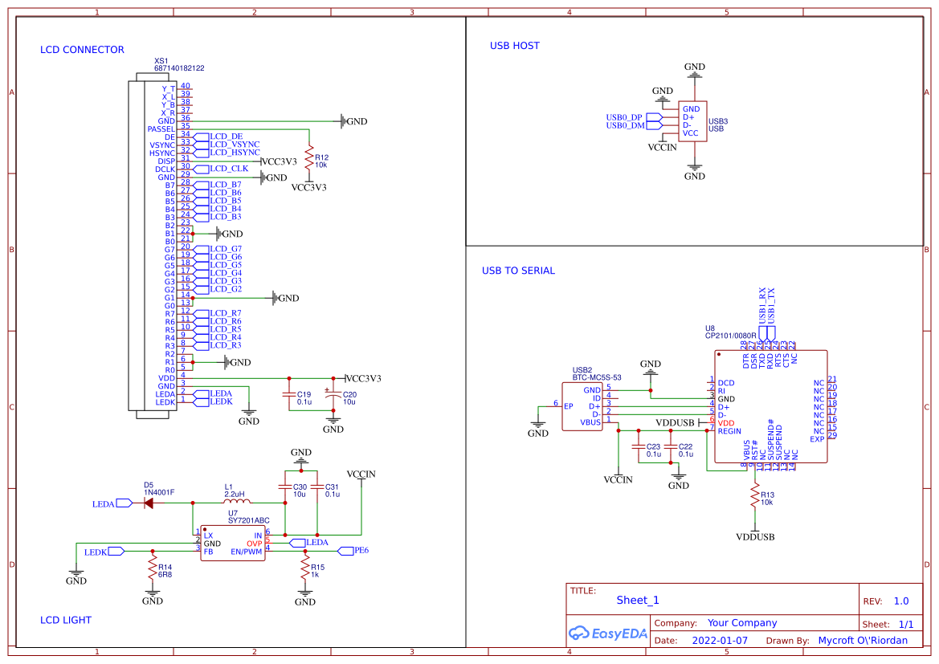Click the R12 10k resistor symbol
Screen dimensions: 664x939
tap(308, 157)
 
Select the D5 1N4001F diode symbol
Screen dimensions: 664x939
tap(149, 503)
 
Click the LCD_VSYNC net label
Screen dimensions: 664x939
tap(234, 145)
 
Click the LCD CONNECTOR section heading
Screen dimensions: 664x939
tap(82, 50)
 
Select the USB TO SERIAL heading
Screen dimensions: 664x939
tap(518, 271)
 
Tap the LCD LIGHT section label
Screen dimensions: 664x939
tap(66, 620)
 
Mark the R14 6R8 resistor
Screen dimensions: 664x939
tap(152, 569)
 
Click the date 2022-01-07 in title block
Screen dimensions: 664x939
tap(719, 641)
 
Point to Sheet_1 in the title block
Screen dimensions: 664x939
tap(638, 600)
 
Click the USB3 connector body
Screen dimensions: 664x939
tap(692, 121)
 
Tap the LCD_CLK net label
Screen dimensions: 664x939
tap(228, 169)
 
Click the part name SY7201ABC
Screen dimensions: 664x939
tap(248, 520)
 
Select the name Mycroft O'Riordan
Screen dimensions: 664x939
tap(862, 641)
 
